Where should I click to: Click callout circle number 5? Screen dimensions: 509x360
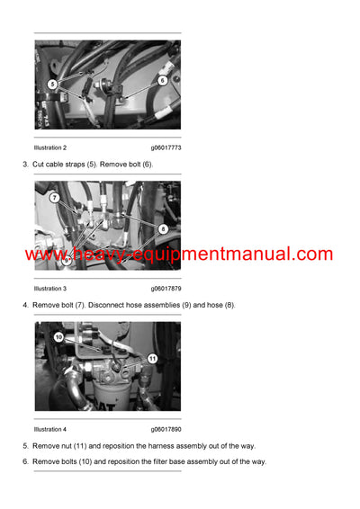[x=52, y=84]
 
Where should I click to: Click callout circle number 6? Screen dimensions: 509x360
[x=163, y=80]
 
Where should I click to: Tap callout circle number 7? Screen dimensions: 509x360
[x=54, y=198]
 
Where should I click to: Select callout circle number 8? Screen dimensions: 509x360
[x=163, y=229]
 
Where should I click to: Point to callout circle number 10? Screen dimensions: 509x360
[x=58, y=338]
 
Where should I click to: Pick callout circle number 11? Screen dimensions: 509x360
[x=152, y=359]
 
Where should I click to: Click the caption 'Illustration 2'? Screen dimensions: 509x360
[x=50, y=147]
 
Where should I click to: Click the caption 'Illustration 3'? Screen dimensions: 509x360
[x=50, y=289]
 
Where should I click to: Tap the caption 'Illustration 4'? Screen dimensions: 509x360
[x=50, y=429]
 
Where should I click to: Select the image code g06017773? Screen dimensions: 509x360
[x=166, y=147]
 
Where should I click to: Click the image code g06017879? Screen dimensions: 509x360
[x=166, y=289]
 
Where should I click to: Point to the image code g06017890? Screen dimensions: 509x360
[x=166, y=429]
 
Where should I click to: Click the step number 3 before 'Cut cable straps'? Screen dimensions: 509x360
[x=24, y=165]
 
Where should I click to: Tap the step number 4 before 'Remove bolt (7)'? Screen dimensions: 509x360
[x=24, y=305]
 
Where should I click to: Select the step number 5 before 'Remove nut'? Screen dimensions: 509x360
[x=24, y=445]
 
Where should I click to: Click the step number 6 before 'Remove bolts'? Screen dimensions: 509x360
[x=24, y=461]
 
